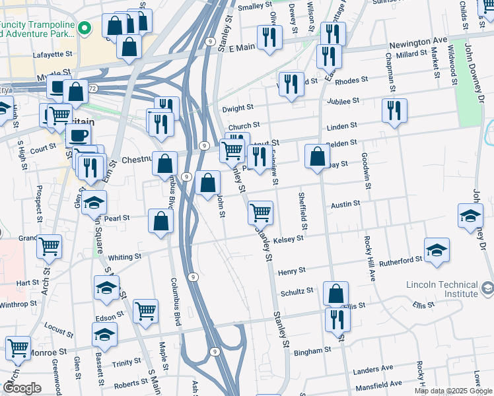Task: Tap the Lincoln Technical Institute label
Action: (441, 288)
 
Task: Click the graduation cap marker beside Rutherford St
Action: (437, 250)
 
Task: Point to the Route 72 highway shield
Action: (93, 88)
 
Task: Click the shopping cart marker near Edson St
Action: (146, 310)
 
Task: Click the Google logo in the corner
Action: (21, 388)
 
